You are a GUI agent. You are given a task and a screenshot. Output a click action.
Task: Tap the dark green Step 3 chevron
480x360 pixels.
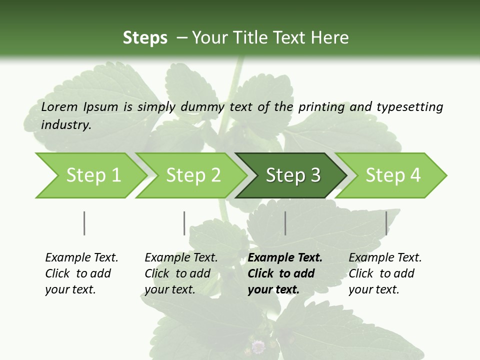pos(292,175)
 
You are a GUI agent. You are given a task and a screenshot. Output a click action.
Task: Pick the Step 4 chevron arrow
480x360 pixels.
pos(392,175)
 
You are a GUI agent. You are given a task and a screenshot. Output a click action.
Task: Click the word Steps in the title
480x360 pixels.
pos(145,38)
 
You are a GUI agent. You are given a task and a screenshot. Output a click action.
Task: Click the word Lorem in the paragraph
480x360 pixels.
pos(59,106)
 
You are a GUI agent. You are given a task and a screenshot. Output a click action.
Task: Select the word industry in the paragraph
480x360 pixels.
pos(66,124)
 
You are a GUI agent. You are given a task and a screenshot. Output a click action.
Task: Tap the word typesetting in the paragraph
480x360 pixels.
pos(409,106)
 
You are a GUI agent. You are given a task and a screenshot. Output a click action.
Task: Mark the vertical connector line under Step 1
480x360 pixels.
pos(84,223)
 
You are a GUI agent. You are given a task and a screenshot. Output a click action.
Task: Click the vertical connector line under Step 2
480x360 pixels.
pos(184,223)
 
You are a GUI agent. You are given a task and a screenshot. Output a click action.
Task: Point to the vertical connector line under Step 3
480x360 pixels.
pos(285,223)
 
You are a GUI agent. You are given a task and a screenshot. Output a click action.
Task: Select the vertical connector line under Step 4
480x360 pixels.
pos(386,223)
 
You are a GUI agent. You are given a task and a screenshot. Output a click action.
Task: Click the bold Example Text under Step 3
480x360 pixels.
pos(285,258)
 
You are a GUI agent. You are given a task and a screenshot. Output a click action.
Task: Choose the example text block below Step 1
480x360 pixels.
pos(81,273)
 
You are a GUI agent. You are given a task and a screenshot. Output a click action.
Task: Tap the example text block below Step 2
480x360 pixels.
pos(181,273)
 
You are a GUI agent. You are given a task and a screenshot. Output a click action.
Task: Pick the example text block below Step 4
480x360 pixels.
pos(385,273)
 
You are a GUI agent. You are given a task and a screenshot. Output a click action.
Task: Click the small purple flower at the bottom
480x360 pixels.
pos(258,346)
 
